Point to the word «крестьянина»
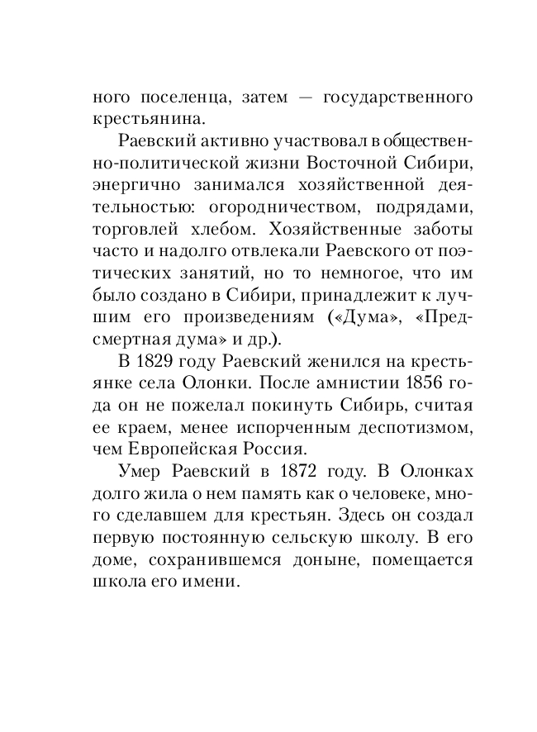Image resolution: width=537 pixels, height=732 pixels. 146,119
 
